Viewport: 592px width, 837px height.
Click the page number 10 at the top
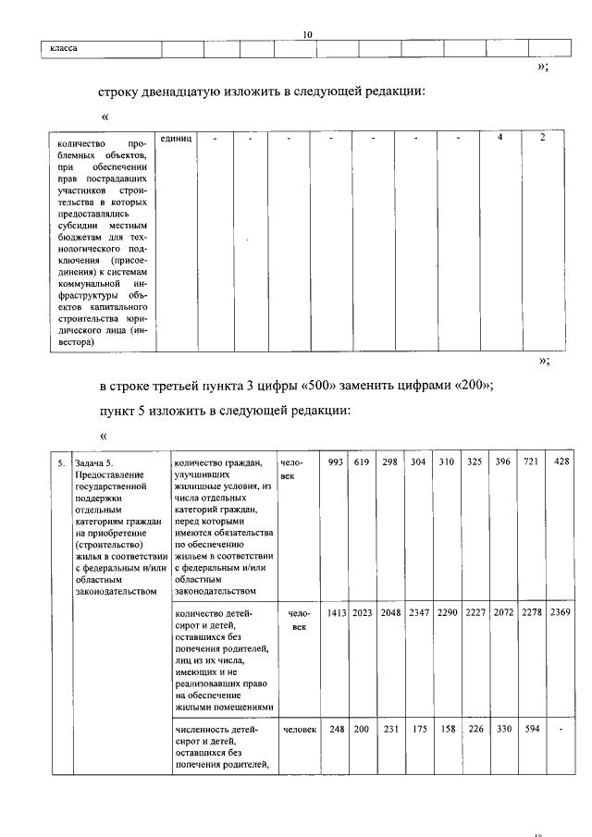click(309, 35)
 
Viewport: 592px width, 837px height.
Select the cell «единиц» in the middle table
click(176, 138)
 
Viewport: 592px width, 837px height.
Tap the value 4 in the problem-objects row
click(499, 138)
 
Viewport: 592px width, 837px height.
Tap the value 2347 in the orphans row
click(419, 612)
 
